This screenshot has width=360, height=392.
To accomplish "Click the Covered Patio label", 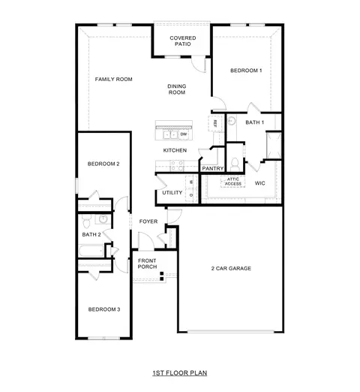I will [182, 41].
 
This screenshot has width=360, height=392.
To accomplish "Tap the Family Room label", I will [113, 79].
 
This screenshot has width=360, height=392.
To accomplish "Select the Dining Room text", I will [176, 89].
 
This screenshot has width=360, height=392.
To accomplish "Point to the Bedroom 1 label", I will [245, 71].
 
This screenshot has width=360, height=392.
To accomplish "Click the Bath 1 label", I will [255, 122].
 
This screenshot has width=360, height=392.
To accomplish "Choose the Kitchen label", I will [175, 150].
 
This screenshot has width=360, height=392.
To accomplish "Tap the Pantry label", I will [212, 168].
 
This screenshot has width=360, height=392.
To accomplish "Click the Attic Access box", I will [232, 181].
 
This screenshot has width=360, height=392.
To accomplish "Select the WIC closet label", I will [259, 182].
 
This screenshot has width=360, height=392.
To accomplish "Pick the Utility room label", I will [172, 193].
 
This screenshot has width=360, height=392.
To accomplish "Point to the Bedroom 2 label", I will [103, 164].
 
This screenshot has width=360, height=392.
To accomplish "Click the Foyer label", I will [148, 222].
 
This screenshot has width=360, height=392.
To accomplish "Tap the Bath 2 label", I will [91, 234].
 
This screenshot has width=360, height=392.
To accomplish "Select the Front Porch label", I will [147, 264].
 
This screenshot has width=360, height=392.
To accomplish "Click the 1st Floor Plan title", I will [179, 372].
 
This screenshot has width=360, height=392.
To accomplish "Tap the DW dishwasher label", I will [184, 134].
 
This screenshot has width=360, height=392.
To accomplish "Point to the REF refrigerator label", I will [215, 123].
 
